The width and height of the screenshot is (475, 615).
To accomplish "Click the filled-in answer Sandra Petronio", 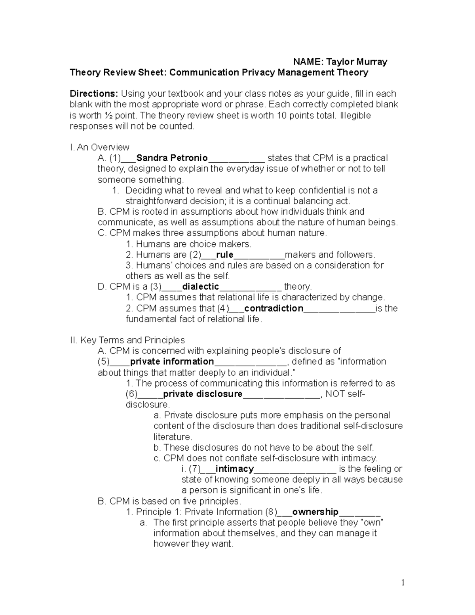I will pos(172,158).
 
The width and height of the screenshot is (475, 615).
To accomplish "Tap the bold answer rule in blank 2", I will pos(224,255).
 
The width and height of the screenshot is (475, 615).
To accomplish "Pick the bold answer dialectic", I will pos(200,287).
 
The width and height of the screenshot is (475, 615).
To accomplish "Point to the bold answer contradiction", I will pos(274,308).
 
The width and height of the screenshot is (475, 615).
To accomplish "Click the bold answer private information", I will pos(172,362).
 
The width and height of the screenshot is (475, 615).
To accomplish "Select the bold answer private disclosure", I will pos(202,394).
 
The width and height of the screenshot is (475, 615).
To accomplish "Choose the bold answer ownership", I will pos(315,512).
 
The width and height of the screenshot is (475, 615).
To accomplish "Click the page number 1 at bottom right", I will pos(403,583).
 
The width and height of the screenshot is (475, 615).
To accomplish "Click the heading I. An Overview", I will pos(99,147).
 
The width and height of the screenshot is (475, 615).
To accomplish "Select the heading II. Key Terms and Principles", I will pos(127,340).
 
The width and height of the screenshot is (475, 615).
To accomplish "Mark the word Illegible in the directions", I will pos(355,115).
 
